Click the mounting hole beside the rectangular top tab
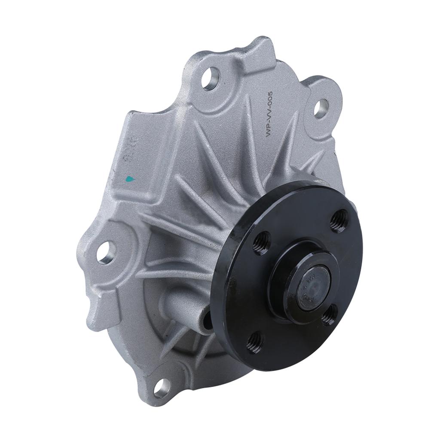coord(211,79)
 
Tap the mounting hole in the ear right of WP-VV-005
coord(321,108)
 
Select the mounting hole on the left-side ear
coord(106,252)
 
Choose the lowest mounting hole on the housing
coord(162,388)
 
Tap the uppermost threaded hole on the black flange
coord(339,221)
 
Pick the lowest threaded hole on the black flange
coord(255,342)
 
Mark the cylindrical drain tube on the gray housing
coord(185,308)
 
